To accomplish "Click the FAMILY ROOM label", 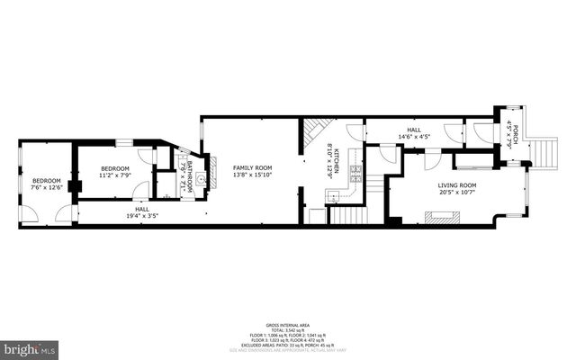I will (x=252, y=168).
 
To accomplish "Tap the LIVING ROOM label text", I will (x=456, y=185).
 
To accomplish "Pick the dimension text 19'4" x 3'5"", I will (x=143, y=216).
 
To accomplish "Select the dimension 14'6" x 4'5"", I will (x=413, y=138).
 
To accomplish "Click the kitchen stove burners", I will (x=355, y=170).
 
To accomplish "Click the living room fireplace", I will (x=442, y=215).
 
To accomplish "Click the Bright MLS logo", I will (x=30, y=347).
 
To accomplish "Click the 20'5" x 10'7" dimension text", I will (x=456, y=193).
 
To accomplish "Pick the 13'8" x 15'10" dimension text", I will (x=252, y=175).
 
